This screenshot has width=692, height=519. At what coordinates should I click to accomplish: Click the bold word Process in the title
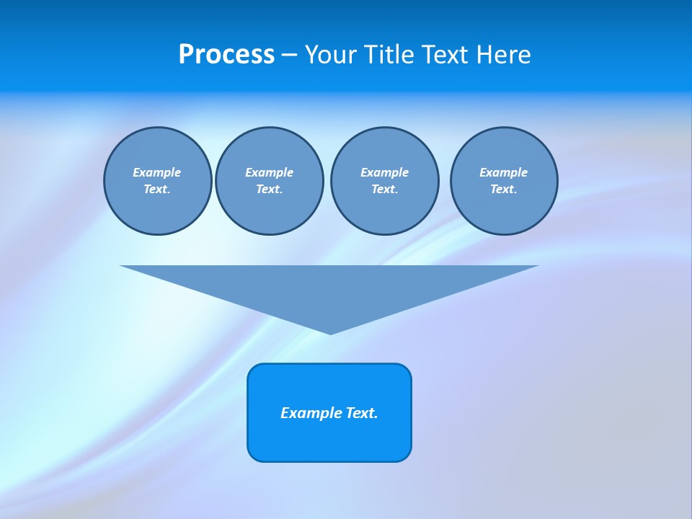226,55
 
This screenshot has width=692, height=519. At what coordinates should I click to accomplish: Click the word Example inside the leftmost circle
157,172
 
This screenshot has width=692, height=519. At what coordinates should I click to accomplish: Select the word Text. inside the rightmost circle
503,189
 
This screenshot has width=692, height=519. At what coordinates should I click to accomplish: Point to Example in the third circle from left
384,172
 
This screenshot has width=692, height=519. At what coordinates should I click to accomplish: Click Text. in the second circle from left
269,189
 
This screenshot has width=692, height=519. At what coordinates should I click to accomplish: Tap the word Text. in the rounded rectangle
362,413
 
